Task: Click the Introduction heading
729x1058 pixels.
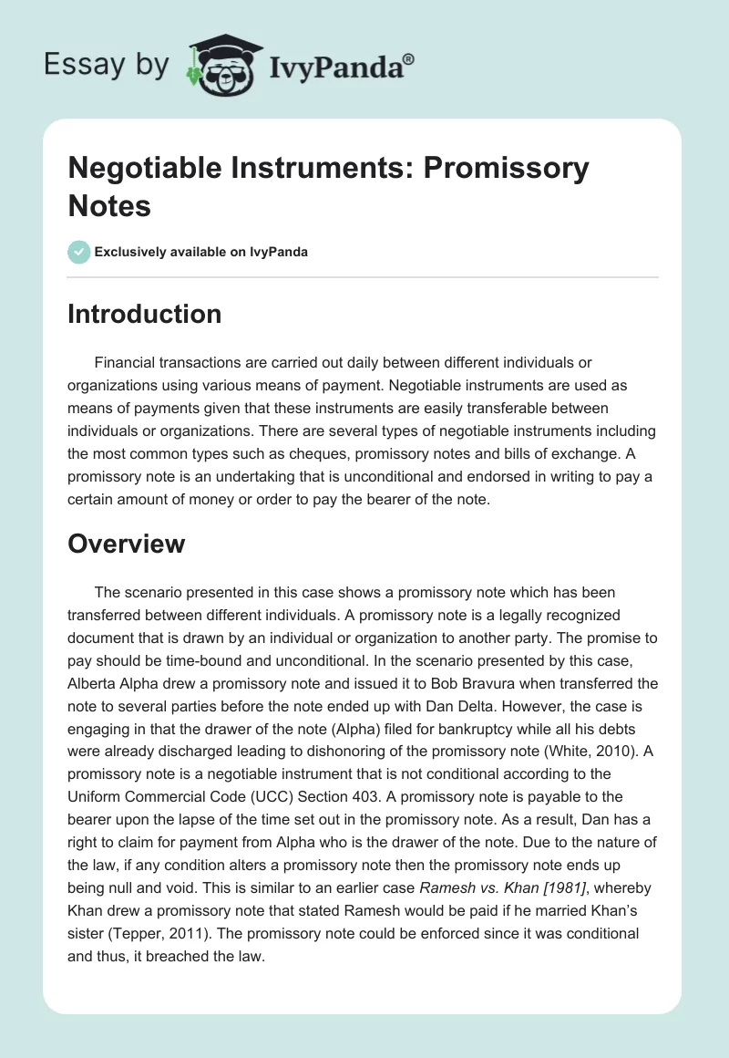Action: pos(145,314)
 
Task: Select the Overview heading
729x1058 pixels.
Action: pos(127,545)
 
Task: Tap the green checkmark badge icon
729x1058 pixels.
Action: pos(79,252)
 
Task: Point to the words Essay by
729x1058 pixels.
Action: pos(106,65)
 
